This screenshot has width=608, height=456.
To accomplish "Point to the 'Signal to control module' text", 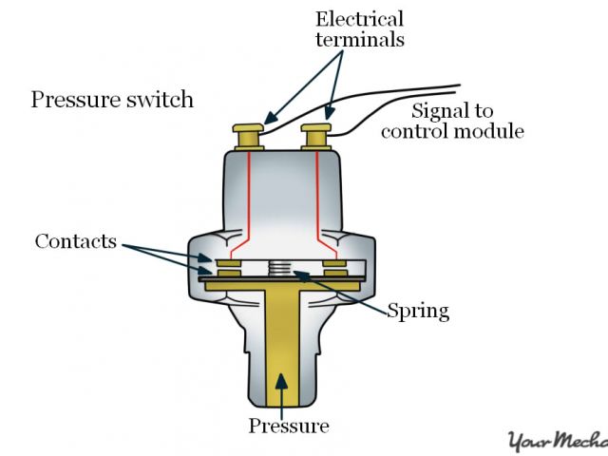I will [452, 120].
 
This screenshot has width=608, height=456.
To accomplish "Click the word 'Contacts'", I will [75, 240].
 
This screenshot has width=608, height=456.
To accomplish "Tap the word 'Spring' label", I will [418, 311].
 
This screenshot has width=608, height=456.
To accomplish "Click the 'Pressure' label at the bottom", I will [288, 426].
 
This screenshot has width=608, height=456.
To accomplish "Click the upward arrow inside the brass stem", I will [281, 380].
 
